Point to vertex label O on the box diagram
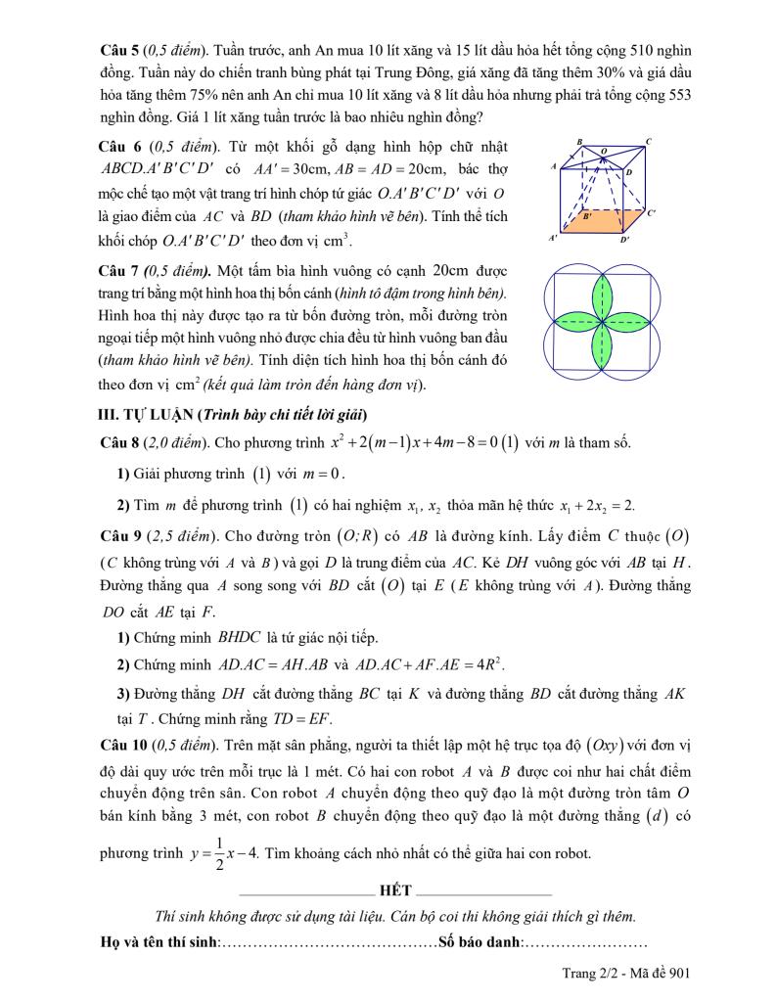[x=604, y=152]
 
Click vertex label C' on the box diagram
[x=652, y=211]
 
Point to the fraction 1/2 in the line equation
[x=219, y=852]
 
